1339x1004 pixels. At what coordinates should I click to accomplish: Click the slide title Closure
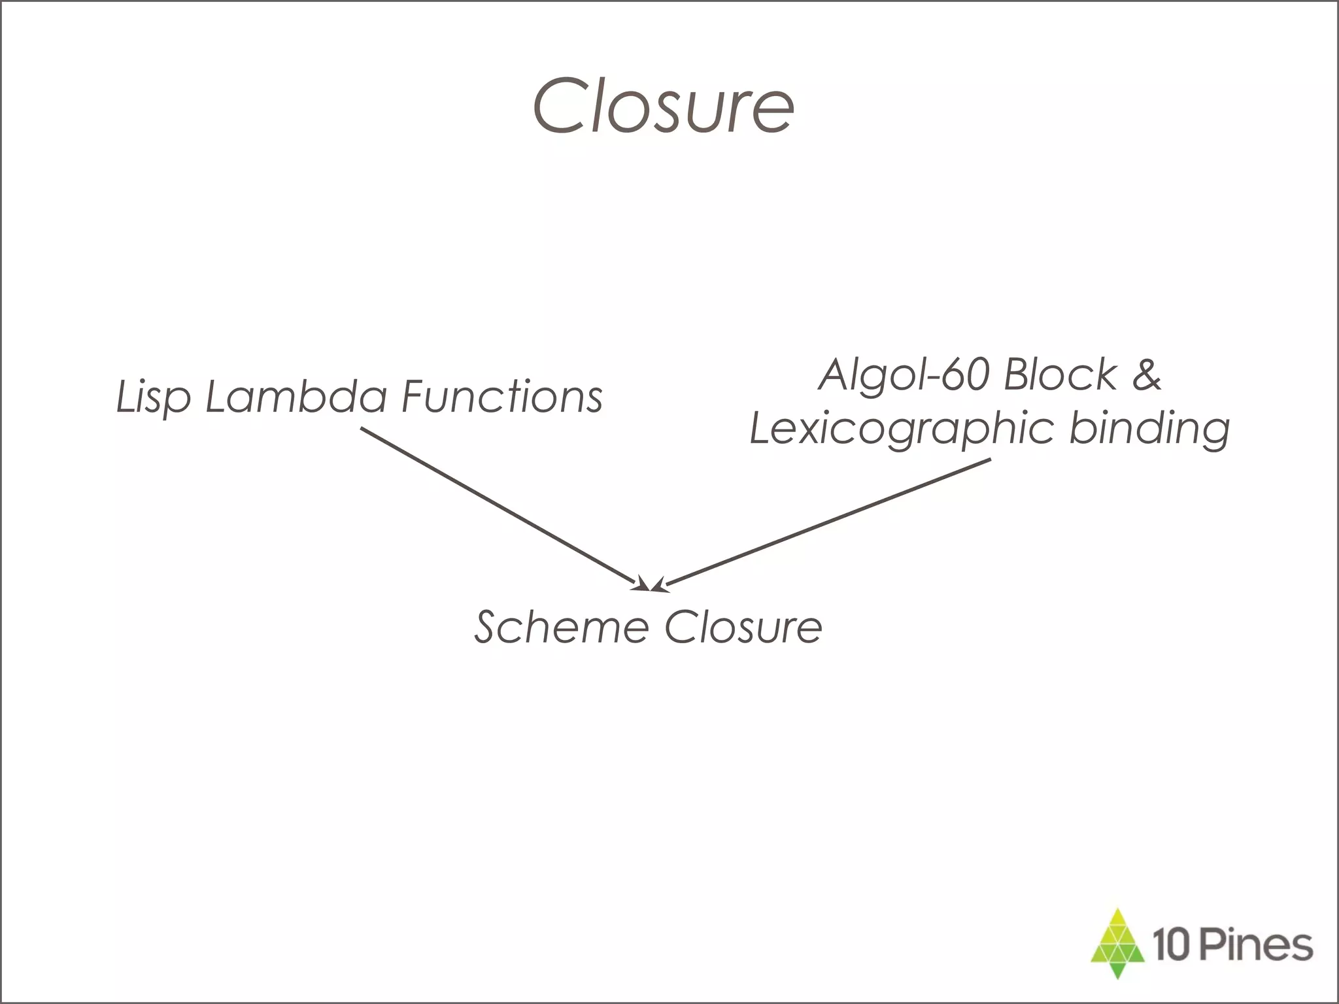(x=664, y=106)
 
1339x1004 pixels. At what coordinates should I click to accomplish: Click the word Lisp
(x=153, y=397)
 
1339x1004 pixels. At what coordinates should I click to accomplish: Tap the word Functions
(x=501, y=396)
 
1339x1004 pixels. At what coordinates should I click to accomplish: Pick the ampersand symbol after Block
(x=1145, y=375)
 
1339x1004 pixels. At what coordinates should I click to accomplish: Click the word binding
(x=1149, y=428)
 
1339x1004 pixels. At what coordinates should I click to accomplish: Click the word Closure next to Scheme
(x=743, y=627)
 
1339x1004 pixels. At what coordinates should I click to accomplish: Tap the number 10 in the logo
(x=1170, y=946)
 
